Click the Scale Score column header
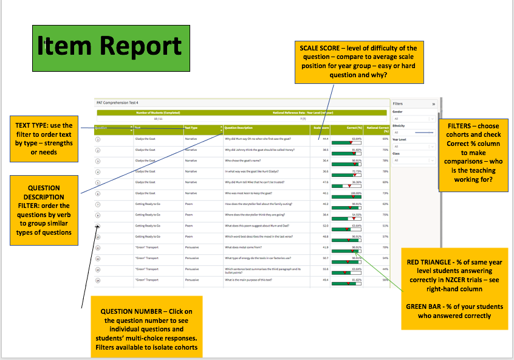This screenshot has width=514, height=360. point(320,128)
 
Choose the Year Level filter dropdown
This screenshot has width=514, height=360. point(414,147)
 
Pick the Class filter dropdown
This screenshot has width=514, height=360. point(414,161)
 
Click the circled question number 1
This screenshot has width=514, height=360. point(98,139)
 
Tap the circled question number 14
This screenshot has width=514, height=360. point(98,280)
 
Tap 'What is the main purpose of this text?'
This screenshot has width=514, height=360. point(250,280)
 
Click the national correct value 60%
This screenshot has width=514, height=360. point(384,182)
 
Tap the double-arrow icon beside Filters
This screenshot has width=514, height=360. point(433,104)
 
